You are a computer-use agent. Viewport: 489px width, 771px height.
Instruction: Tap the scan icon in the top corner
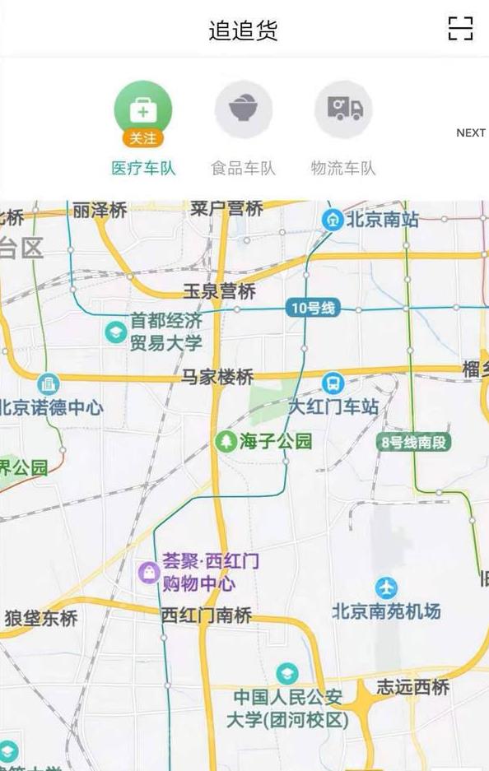[x=460, y=29]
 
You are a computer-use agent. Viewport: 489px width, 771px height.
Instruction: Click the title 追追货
[x=244, y=30]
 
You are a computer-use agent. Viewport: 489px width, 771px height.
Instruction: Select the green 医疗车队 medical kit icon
[x=143, y=109]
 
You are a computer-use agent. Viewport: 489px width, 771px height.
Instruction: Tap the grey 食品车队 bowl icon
[x=244, y=109]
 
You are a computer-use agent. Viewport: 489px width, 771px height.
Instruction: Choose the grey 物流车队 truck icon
[x=343, y=109]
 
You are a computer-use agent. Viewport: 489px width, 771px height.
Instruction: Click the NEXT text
[x=471, y=132]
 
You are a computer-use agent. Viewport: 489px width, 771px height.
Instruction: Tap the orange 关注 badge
[x=143, y=138]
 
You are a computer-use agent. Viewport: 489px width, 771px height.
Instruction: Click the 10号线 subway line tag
[x=313, y=309]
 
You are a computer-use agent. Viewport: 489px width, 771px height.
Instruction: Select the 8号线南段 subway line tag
[x=415, y=443]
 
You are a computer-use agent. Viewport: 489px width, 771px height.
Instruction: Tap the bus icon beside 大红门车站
[x=333, y=383]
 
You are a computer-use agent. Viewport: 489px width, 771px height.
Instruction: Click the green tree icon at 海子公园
[x=226, y=442]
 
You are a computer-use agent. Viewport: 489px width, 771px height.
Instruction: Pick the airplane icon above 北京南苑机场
[x=386, y=588]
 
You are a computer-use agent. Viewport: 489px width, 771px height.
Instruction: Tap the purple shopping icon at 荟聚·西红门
[x=148, y=572]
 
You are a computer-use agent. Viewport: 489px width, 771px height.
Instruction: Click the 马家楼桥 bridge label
[x=217, y=378]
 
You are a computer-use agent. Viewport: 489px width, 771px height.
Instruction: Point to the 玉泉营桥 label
[x=219, y=291]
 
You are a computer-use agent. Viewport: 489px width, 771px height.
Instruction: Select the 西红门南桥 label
[x=206, y=615]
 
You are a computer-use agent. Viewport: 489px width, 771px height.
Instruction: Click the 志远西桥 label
[x=413, y=687]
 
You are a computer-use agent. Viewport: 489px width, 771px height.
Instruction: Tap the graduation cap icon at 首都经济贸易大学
[x=115, y=332]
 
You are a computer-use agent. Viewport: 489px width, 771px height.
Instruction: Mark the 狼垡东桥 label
[x=41, y=617]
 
